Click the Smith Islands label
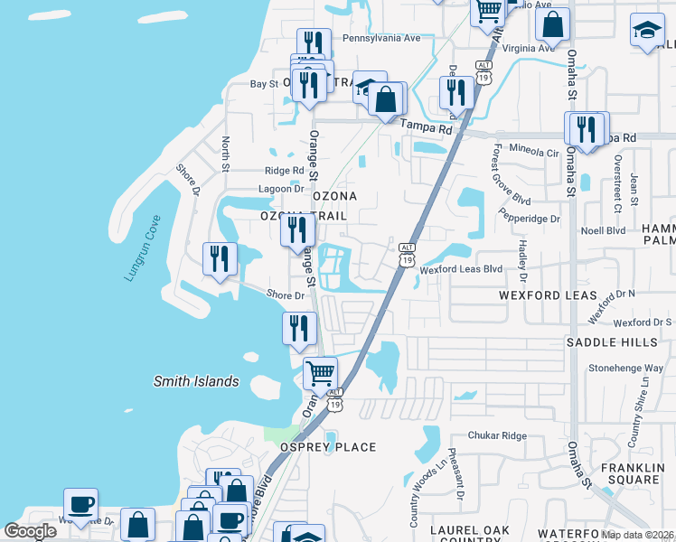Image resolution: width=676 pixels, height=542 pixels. click(195, 381)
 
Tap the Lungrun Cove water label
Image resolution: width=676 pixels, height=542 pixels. click(142, 248)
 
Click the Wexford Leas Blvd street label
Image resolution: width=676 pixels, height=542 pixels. click(460, 269)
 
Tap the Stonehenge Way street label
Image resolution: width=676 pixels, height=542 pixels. click(625, 369)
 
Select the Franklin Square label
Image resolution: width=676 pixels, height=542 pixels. click(633, 473)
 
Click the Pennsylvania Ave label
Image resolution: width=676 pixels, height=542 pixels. click(381, 39)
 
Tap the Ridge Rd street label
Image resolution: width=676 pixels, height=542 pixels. click(285, 170)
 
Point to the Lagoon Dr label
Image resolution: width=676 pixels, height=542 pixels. click(285, 189)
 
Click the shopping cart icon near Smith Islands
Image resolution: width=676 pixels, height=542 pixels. click(320, 373)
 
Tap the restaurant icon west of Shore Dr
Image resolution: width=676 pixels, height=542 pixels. click(220, 258)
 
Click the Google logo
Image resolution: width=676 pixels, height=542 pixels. click(30, 530)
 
